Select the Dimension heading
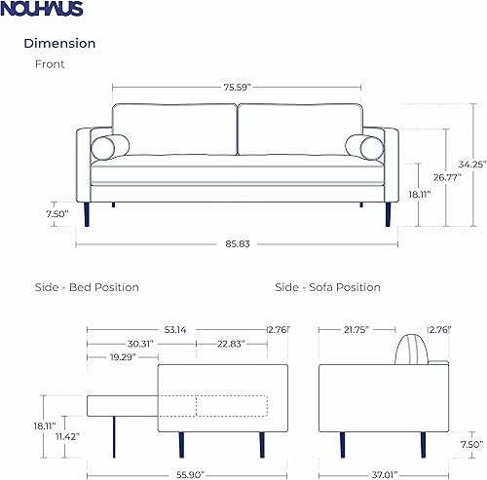(59, 44)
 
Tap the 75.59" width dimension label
(237, 88)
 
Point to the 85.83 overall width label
(237, 243)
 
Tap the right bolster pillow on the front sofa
(365, 148)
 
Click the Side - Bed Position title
(82, 287)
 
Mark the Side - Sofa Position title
(327, 287)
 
